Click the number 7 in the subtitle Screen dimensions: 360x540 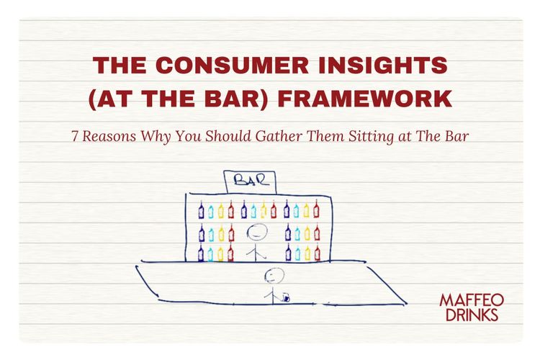point(74,137)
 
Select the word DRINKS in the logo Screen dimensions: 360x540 point(472,314)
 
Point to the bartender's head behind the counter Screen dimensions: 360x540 point(256,232)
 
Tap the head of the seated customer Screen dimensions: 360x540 point(272,274)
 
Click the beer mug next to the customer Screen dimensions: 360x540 point(287,295)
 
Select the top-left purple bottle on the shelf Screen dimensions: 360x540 point(202,210)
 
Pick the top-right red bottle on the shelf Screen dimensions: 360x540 point(316,210)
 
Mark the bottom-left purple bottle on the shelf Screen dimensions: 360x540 point(202,253)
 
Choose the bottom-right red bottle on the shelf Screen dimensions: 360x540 point(317,253)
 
